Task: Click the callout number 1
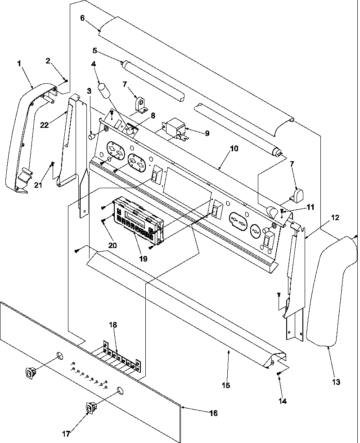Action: point(19,63)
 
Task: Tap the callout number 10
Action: point(234,148)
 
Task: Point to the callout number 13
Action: point(337,382)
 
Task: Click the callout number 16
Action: point(213,413)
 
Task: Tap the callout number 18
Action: point(112,324)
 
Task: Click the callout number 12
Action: point(336,217)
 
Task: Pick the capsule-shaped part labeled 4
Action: point(106,90)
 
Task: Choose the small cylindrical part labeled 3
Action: point(92,136)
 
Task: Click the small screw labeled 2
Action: point(66,81)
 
